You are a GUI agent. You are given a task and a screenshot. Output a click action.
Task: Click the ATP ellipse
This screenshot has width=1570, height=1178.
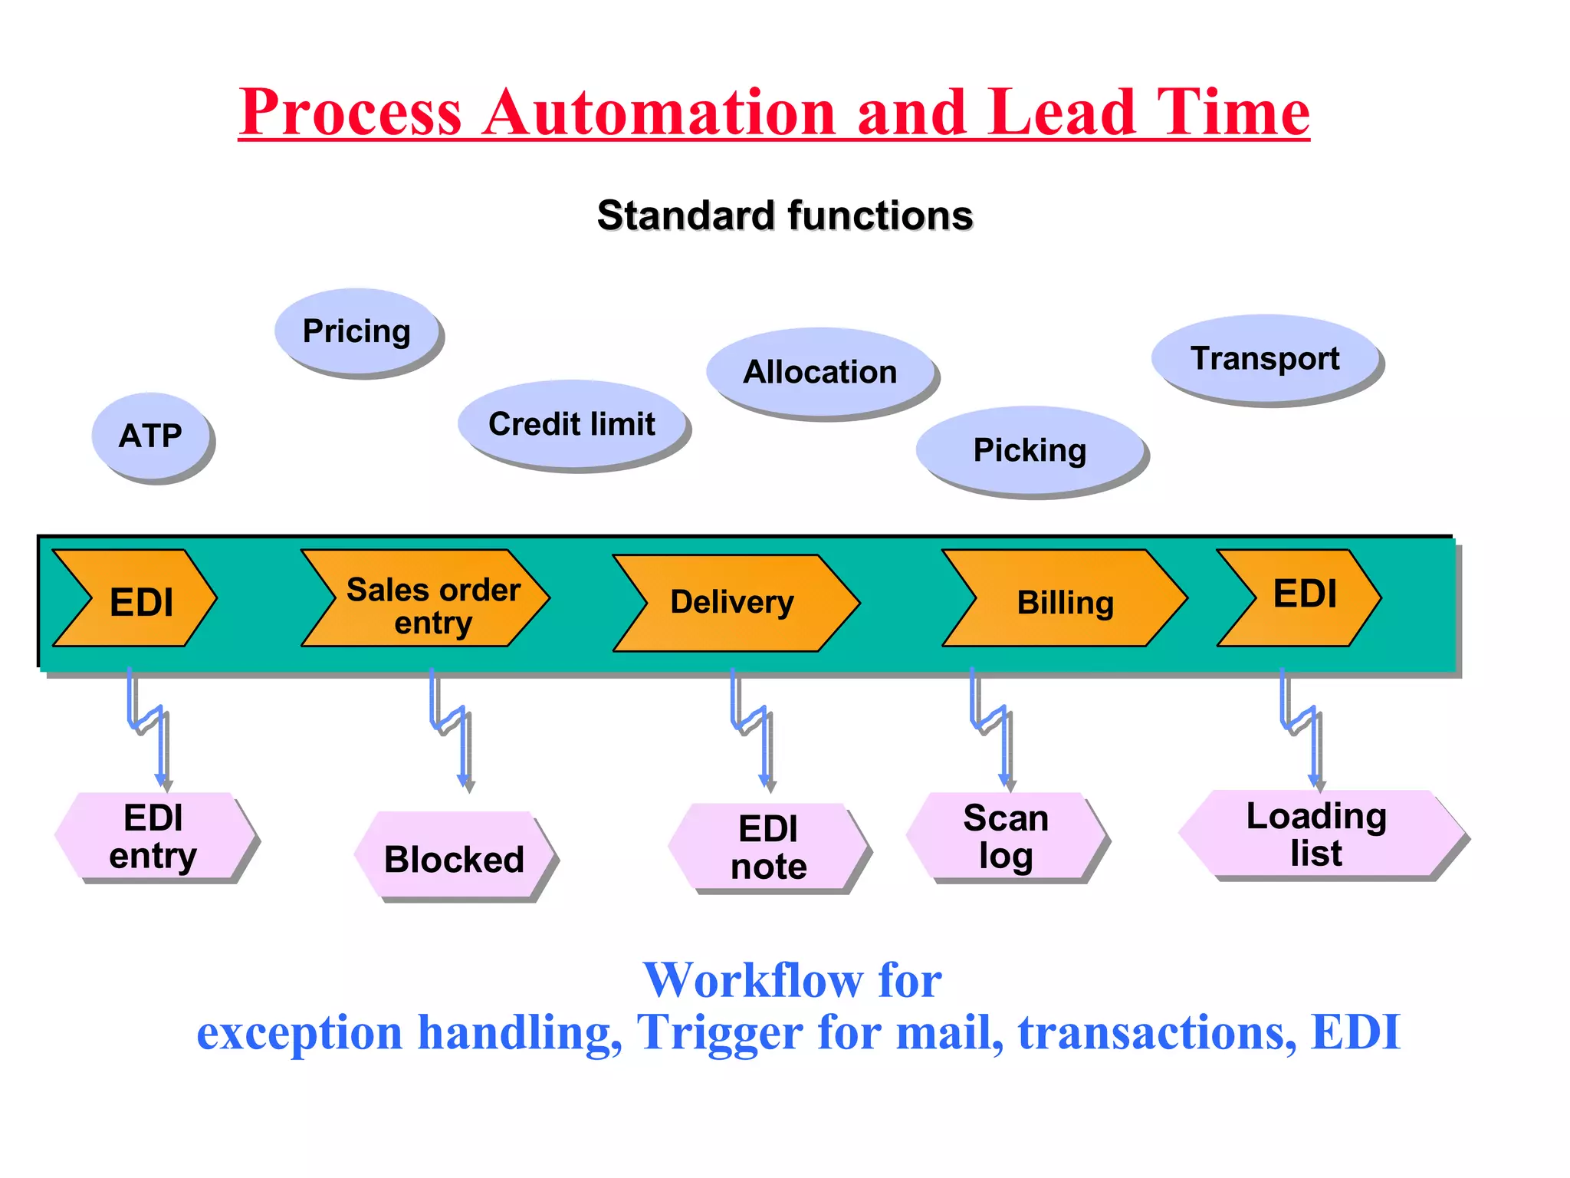(150, 436)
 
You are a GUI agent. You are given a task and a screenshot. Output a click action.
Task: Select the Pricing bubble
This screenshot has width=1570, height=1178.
(357, 331)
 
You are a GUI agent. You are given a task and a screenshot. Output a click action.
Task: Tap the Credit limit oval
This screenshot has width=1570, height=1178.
(572, 423)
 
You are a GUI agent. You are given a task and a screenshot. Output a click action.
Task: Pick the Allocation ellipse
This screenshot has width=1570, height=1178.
(820, 372)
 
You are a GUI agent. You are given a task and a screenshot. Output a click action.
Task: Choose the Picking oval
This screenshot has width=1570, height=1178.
(1030, 450)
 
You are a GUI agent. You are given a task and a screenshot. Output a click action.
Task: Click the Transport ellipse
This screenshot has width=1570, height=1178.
(1265, 358)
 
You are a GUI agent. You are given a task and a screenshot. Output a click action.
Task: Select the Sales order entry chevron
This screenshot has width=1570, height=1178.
(426, 598)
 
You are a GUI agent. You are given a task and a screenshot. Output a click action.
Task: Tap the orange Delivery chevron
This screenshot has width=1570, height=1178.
(734, 603)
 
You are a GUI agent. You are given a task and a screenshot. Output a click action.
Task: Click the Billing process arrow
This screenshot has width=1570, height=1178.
(1064, 598)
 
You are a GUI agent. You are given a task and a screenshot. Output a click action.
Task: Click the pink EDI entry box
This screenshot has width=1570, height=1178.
(154, 836)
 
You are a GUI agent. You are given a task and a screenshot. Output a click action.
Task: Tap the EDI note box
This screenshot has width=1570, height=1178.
(768, 847)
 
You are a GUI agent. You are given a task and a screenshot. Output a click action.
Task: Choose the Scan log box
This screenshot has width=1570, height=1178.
(1006, 836)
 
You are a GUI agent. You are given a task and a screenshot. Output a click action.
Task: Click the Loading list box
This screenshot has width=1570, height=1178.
(1317, 834)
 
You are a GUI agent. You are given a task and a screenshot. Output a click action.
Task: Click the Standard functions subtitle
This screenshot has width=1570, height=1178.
(785, 215)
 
